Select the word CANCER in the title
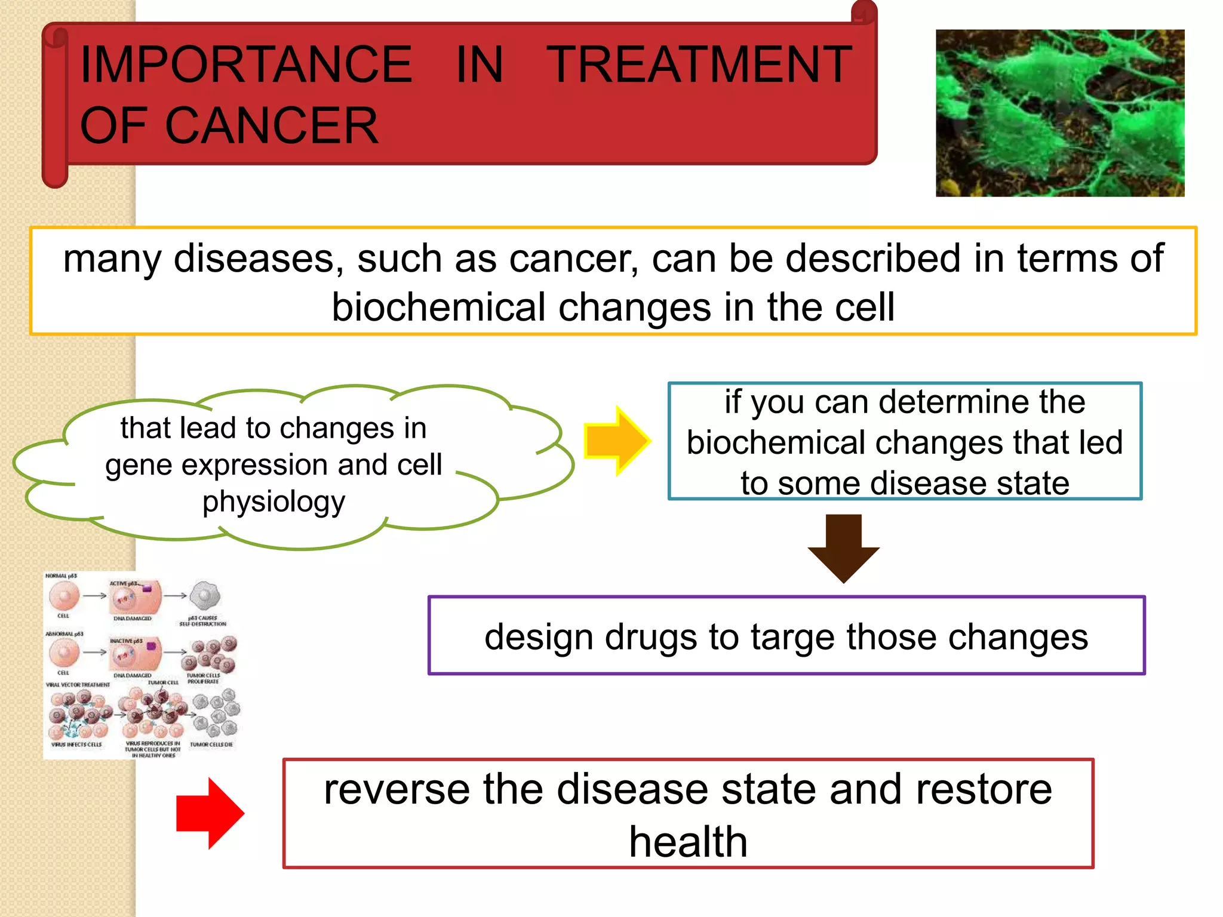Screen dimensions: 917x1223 [271, 126]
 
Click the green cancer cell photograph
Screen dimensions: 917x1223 [1059, 113]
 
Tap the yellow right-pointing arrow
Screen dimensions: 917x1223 [616, 441]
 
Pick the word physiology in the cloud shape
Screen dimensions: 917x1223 [274, 502]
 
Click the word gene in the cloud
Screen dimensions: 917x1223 [139, 465]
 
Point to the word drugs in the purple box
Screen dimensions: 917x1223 [650, 637]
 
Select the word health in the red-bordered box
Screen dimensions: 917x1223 [688, 842]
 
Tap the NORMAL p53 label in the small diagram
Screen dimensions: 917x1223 [61, 576]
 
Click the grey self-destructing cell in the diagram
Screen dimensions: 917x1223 [205, 596]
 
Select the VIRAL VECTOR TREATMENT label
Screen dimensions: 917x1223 [78, 685]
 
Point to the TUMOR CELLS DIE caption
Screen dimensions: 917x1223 [211, 744]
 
